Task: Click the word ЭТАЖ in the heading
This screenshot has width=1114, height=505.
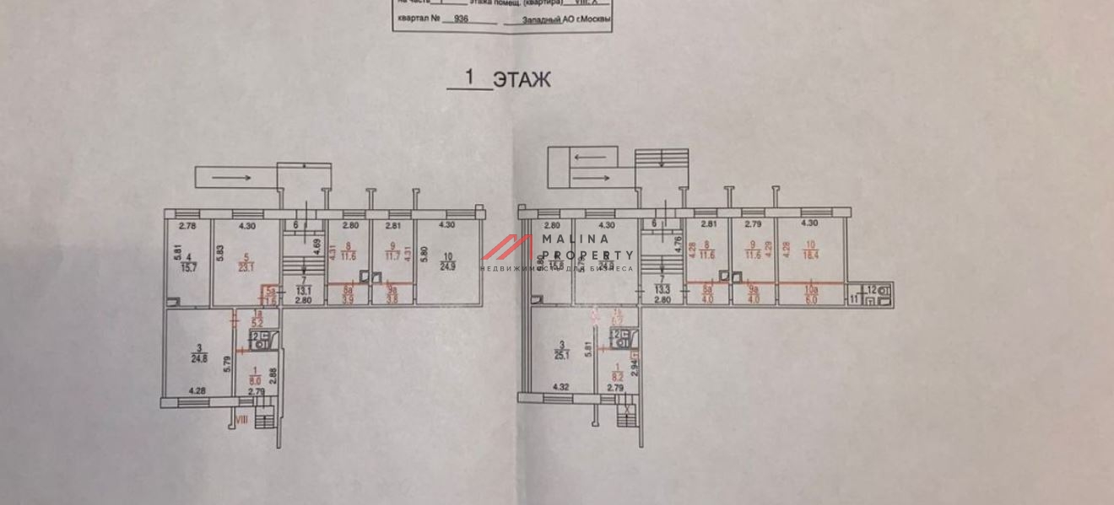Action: [x=522, y=80]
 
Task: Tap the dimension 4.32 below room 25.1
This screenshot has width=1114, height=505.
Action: [x=560, y=388]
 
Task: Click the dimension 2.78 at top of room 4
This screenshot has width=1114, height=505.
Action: [x=187, y=226]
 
